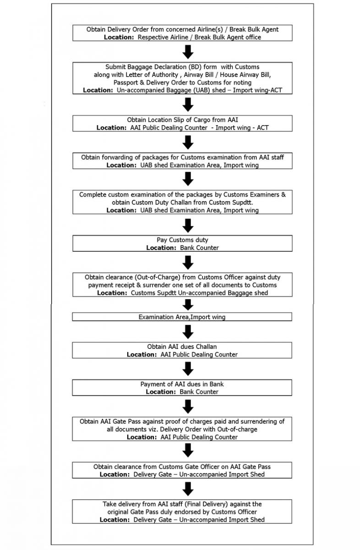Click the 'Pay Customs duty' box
[x=182, y=243]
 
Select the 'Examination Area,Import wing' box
[x=182, y=317]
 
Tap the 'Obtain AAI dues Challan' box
[x=182, y=350]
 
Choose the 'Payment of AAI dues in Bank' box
[x=182, y=388]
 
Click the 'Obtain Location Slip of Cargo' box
[x=182, y=123]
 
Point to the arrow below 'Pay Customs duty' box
[x=188, y=262]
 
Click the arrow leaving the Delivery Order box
[x=188, y=51]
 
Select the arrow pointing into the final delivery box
[x=188, y=489]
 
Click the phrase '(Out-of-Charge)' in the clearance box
[x=141, y=277]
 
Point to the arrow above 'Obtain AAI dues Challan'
[x=188, y=331]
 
